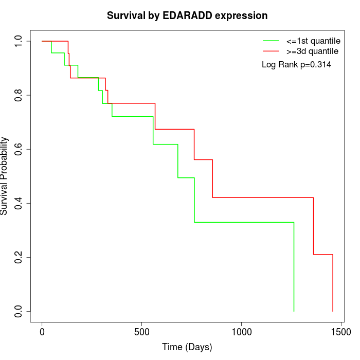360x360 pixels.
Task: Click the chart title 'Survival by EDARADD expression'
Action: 187,16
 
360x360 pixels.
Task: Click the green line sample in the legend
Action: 271,40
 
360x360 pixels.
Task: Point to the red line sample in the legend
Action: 271,51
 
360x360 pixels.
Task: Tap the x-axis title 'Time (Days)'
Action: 187,347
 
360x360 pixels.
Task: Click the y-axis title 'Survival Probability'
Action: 5,176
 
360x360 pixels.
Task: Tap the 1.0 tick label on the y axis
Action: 19,41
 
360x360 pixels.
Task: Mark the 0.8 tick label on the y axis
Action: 19,95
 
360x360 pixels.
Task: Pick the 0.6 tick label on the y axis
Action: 19,149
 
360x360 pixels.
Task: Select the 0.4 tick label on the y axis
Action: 19,203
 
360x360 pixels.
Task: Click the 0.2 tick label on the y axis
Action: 19,257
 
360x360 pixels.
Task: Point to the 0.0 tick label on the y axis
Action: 19,311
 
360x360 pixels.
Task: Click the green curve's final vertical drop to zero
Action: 294,267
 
